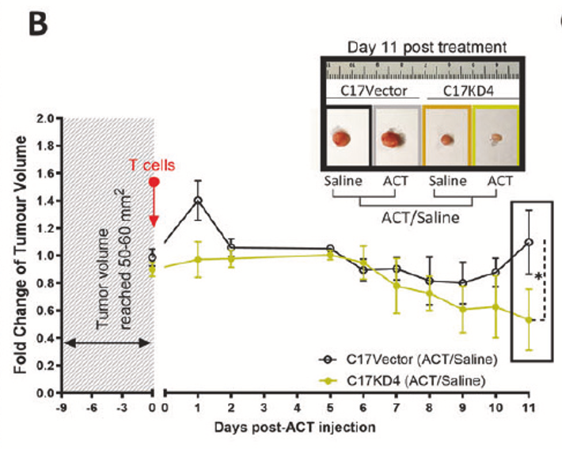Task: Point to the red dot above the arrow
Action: [x=155, y=181]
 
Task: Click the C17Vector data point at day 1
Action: [x=197, y=200]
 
